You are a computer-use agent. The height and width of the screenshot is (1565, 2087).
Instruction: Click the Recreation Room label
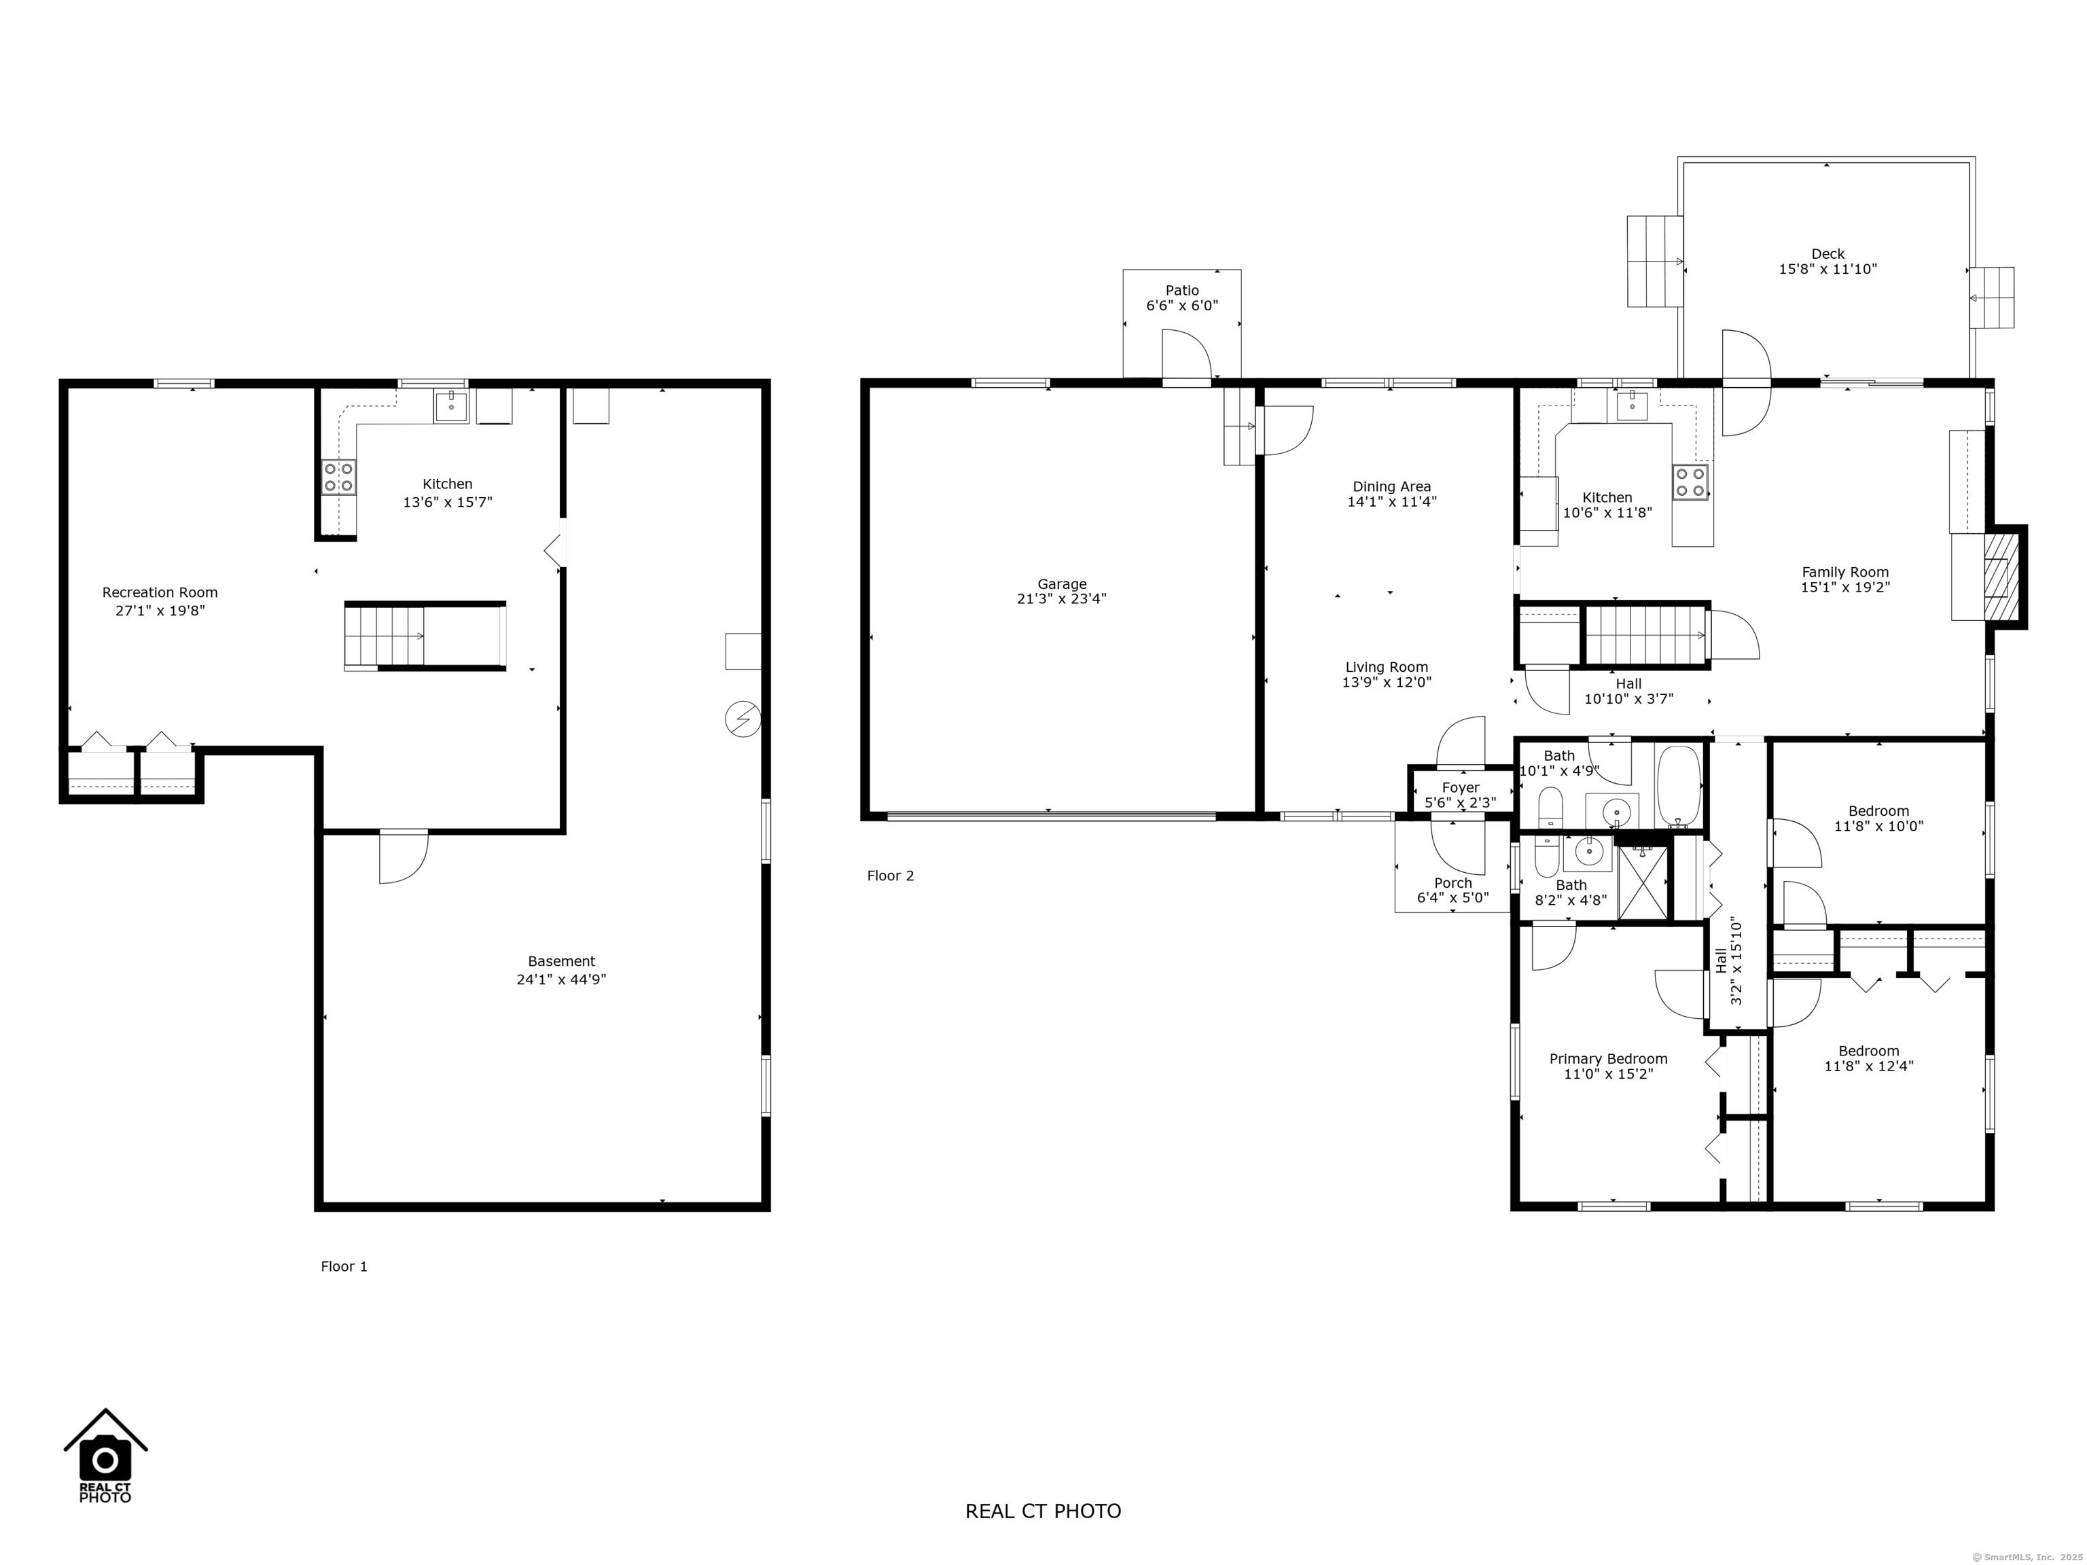160,592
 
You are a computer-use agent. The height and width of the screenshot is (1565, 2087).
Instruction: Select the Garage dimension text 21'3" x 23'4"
1061,598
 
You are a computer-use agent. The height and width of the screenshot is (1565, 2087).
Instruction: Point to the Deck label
1827,254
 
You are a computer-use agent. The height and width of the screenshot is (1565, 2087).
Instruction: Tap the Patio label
1181,291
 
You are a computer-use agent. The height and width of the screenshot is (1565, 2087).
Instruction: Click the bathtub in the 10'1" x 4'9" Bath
1679,786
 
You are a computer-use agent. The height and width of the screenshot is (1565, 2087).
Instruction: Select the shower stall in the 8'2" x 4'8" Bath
1643,882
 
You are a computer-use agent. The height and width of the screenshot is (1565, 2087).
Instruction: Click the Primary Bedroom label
1607,1058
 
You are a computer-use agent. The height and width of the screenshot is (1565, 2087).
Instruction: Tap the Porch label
1453,883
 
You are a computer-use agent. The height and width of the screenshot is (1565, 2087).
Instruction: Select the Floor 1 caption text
344,1266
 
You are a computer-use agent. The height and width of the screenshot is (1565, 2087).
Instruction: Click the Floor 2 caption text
890,876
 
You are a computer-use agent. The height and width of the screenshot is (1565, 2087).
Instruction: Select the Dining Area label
1391,487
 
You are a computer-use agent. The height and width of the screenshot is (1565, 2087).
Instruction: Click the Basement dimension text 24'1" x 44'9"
560,979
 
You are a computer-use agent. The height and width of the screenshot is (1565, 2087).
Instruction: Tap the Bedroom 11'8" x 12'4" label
1868,1051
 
